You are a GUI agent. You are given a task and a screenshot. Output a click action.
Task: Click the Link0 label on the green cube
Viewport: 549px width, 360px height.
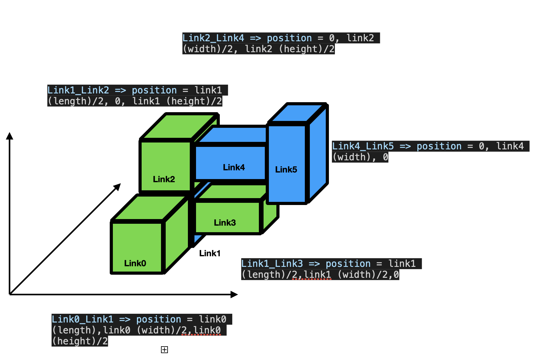coord(135,263)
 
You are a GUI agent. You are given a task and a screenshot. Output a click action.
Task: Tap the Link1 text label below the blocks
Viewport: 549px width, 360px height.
coord(210,253)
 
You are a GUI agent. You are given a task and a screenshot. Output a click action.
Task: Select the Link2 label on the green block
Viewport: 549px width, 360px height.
coord(164,179)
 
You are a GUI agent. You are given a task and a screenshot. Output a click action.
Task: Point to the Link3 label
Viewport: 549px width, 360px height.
coord(225,222)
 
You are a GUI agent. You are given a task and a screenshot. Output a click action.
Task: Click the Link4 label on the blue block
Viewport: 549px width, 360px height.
coord(234,167)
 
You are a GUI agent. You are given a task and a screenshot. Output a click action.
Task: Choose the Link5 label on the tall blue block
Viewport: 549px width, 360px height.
coord(286,169)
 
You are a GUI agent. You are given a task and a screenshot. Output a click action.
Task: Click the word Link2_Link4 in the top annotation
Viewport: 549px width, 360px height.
coord(213,38)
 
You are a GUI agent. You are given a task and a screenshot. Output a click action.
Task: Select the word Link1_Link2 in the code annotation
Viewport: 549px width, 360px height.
coord(78,90)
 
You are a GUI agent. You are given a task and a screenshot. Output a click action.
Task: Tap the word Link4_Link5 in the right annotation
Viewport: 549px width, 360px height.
coord(363,146)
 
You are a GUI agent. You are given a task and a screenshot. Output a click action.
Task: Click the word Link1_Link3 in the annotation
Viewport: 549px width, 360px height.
coord(272,264)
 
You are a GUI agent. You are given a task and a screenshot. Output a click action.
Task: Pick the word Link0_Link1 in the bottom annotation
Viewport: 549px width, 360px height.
coord(83,319)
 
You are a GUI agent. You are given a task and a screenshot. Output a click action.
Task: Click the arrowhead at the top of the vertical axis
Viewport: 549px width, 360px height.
coord(10,136)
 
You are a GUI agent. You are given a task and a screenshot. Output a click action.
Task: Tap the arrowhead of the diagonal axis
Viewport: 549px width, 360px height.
coord(117,187)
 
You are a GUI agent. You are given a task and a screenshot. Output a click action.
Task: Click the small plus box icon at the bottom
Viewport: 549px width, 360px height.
coord(164,350)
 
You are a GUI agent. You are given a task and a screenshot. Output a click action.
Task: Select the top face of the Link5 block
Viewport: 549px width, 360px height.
coord(297,113)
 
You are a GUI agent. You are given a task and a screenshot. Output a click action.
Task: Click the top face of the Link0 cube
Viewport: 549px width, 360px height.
coord(149,208)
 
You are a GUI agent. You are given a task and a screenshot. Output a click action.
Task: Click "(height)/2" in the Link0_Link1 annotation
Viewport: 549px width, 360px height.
coord(80,341)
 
